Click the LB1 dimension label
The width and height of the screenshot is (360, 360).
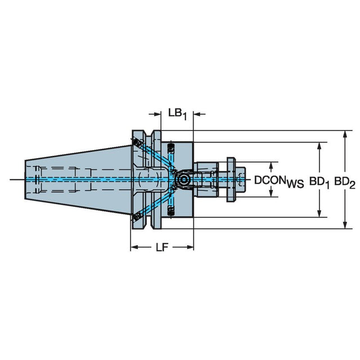pos(177,114)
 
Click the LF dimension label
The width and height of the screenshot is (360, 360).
pos(162,247)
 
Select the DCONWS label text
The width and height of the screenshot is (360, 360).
pos(279,181)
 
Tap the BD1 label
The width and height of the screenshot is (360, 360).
pos(319,182)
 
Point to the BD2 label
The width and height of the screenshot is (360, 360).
pos(344,182)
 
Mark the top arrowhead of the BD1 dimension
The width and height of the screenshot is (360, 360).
pos(319,146)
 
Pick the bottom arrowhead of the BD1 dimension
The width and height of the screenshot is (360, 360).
pos(319,213)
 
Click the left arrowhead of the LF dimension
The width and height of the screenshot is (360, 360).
pos(134,247)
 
